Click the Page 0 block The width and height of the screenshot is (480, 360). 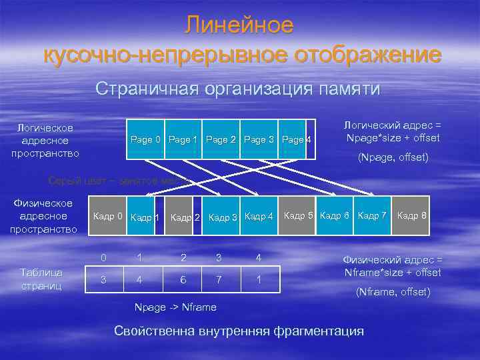(145, 140)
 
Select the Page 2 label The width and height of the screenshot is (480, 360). (221, 140)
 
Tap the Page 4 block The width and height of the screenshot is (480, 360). (294, 140)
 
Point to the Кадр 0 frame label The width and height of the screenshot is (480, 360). (107, 216)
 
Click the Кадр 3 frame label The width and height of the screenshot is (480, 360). (223, 217)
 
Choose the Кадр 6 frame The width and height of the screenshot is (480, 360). (335, 215)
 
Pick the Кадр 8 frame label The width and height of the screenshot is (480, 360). (412, 215)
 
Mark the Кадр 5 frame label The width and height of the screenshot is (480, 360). (299, 215)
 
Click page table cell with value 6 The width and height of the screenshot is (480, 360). (183, 280)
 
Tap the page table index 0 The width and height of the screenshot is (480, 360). (103, 257)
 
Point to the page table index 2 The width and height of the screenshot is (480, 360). (183, 257)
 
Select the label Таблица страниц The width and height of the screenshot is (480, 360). (41, 279)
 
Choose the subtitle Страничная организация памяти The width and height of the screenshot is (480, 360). (238, 89)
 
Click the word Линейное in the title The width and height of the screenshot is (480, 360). (239, 25)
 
